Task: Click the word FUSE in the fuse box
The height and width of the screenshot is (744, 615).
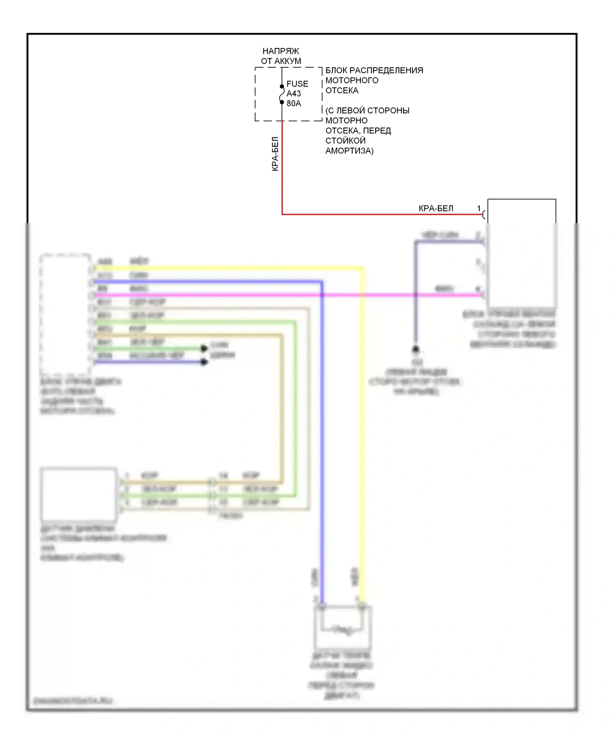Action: coord(297,84)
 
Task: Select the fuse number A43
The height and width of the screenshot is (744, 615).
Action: coord(294,94)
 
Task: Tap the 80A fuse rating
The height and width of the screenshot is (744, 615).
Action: coord(294,103)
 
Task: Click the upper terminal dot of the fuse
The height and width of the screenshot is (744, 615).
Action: coord(282,87)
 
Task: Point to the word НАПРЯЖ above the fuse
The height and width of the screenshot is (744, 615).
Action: coord(281,51)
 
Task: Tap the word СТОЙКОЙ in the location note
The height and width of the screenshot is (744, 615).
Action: coord(345,141)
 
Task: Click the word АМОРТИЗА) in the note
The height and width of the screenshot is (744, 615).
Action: coord(349,151)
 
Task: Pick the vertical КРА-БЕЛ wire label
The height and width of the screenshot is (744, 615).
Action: coord(275,154)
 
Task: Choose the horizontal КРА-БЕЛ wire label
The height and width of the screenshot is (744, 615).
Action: coord(436,208)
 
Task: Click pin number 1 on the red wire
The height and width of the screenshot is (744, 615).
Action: coord(478,208)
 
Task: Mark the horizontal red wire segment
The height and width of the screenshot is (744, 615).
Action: coord(369,214)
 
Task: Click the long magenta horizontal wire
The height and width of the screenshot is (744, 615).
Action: coord(246,295)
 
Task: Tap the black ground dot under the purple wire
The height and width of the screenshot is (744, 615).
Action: coord(416,349)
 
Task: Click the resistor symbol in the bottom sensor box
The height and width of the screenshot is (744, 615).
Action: coord(342,629)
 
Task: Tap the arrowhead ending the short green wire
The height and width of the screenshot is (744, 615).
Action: coord(204,349)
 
